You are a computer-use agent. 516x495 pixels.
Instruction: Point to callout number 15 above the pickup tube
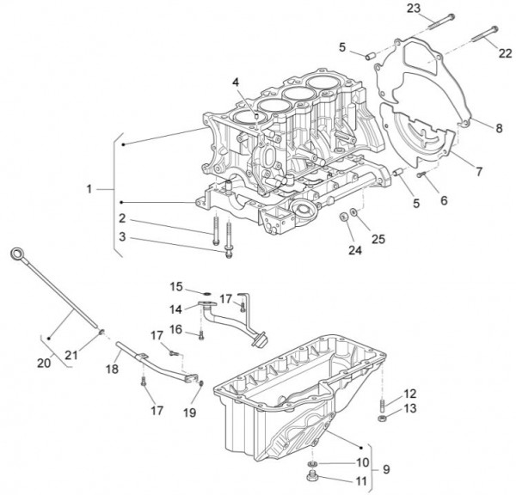(176, 285)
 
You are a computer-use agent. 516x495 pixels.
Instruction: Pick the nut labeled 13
(381, 418)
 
